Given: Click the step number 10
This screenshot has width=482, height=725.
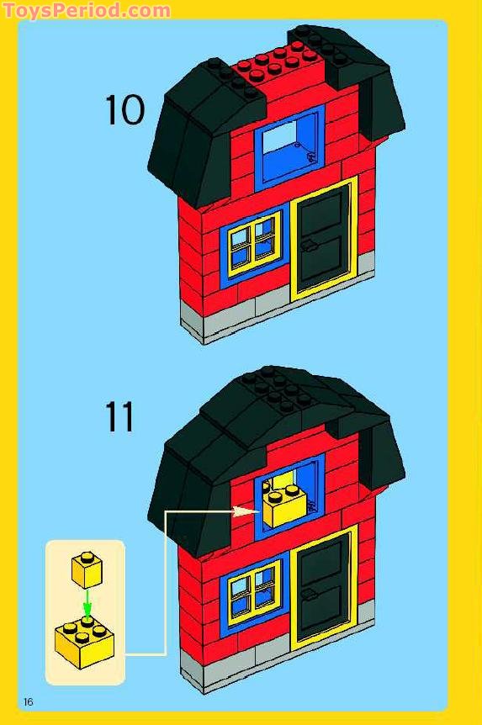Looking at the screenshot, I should [124, 111].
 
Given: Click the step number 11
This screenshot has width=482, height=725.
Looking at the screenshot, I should [119, 417].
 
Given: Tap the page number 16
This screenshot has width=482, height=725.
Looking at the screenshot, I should [29, 702].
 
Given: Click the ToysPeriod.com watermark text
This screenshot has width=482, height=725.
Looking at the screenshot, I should [86, 11].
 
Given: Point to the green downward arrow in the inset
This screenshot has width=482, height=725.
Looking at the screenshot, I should [87, 603].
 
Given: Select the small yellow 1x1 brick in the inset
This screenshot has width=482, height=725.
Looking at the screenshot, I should [87, 569].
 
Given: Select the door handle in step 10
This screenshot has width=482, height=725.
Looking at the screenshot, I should [309, 246].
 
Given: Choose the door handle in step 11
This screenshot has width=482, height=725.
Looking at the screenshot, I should [309, 594].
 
